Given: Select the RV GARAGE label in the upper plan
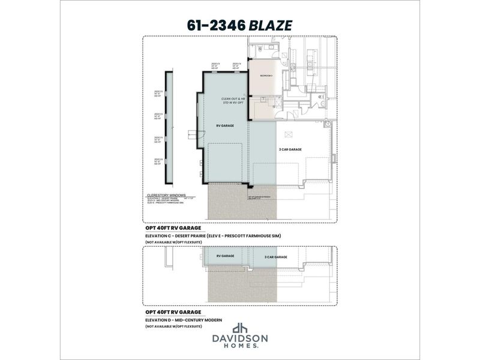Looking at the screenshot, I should [226, 125].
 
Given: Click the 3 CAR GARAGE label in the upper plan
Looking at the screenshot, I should [290, 149].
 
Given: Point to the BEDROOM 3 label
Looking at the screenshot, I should [266, 76].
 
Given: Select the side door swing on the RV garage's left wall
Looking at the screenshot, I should [193, 133].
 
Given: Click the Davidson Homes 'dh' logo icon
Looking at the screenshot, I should [240, 329].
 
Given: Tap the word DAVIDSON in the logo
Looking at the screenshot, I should [240, 339].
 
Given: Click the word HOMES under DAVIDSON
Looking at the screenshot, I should [240, 346].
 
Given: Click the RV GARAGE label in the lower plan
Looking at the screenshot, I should [226, 256].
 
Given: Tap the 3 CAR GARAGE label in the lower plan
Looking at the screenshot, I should [276, 257].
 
